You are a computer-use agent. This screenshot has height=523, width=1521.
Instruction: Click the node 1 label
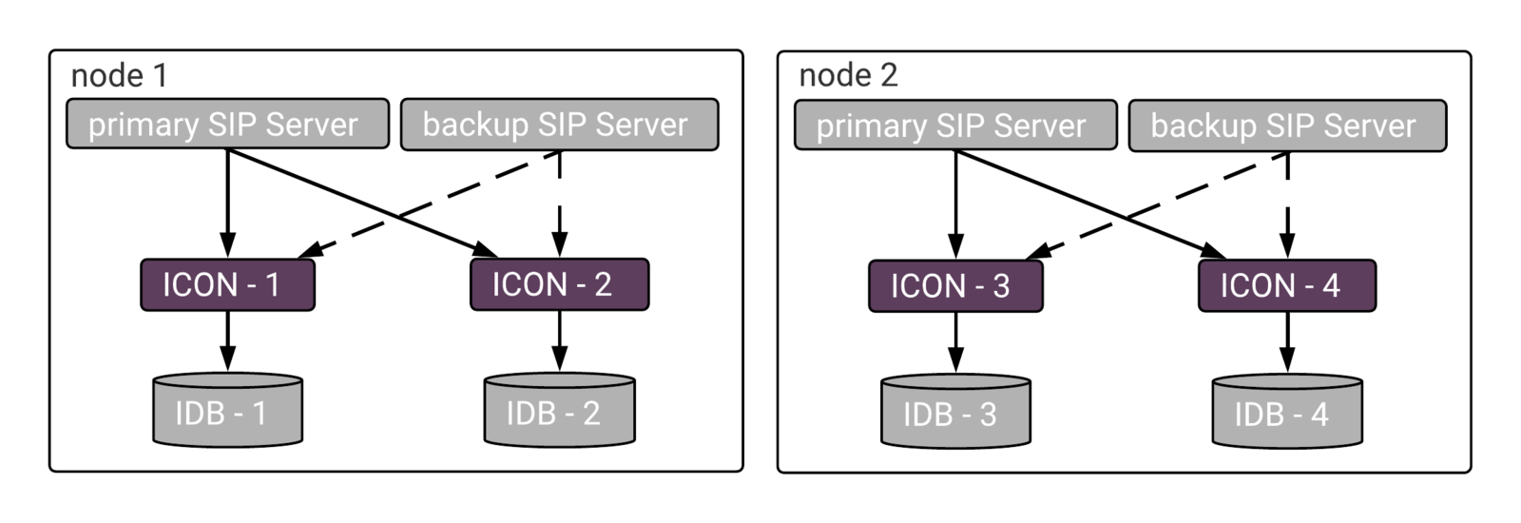tap(119, 75)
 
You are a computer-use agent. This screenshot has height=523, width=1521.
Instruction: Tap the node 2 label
tap(848, 75)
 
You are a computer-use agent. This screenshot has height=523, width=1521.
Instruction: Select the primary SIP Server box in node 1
tap(227, 124)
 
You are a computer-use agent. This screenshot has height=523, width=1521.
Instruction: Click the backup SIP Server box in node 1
tap(560, 125)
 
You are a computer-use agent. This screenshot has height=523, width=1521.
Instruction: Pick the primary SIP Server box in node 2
tap(955, 125)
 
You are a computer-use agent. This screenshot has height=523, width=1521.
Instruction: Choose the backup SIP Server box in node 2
tap(1287, 126)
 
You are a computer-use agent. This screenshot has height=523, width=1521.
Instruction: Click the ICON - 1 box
tap(227, 284)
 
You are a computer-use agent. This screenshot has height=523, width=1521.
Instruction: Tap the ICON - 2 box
tap(560, 284)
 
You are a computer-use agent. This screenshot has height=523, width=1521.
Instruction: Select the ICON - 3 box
tap(955, 286)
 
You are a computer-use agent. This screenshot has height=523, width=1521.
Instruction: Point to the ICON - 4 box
tap(1287, 285)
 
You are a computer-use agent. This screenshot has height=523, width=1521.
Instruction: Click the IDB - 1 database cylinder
tap(227, 410)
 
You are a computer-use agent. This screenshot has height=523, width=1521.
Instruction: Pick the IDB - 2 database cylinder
tap(560, 410)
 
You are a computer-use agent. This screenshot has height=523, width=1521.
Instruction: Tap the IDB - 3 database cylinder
tap(955, 411)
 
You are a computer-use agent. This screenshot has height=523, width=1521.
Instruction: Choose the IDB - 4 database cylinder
tap(1287, 411)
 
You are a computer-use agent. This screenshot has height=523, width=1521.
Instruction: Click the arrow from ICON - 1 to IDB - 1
tap(227, 341)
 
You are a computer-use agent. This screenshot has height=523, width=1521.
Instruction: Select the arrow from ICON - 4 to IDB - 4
tap(1287, 342)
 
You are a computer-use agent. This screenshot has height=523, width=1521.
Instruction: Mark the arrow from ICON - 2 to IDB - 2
tap(560, 341)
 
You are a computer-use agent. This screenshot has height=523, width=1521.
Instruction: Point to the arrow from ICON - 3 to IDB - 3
tap(955, 342)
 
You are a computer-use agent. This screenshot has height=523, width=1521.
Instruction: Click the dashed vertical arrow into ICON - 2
tap(560, 203)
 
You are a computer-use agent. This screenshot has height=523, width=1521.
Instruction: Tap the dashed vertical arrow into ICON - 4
tap(1287, 205)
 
